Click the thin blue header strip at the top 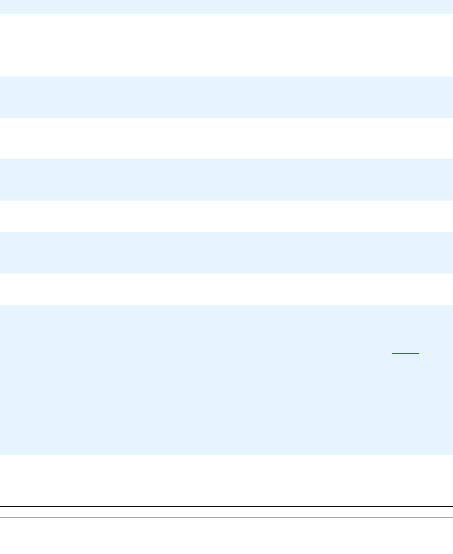pyautogui.click(x=226, y=7)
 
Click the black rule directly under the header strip pyautogui.click(x=226, y=15)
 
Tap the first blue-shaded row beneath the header pyautogui.click(x=226, y=97)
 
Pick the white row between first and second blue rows pyautogui.click(x=226, y=138)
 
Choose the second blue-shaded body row pyautogui.click(x=226, y=180)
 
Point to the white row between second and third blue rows pyautogui.click(x=226, y=216)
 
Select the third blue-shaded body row pyautogui.click(x=226, y=253)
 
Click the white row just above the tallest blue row pyautogui.click(x=226, y=289)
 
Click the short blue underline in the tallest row pyautogui.click(x=405, y=354)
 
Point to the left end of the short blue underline pyautogui.click(x=393, y=354)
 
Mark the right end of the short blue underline pyautogui.click(x=418, y=354)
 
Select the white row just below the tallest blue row pyautogui.click(x=226, y=480)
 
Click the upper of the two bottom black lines pyautogui.click(x=226, y=507)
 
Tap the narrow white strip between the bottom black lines pyautogui.click(x=226, y=512)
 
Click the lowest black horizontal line pyautogui.click(x=226, y=518)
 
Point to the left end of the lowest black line pyautogui.click(x=1, y=518)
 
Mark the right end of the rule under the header pyautogui.click(x=452, y=15)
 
